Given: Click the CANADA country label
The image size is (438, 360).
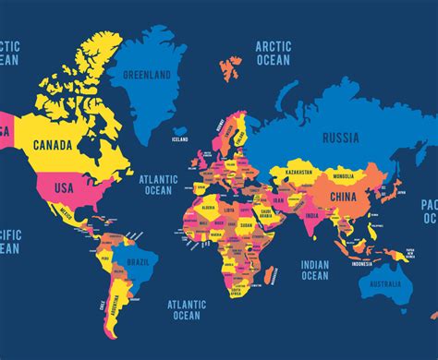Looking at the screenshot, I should click(53, 145).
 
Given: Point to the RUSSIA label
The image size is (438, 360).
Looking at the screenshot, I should click(341, 138).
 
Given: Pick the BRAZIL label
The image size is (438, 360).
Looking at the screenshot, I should click(138, 262).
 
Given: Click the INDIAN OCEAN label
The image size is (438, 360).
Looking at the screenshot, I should click(314, 270).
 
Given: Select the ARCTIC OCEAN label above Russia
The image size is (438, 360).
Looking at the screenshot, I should click(274, 54).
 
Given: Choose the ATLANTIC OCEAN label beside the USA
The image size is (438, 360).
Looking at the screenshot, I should click(156, 185).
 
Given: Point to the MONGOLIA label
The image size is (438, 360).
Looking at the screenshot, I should click(344, 176).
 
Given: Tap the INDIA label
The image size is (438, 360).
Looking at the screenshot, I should click(313, 217).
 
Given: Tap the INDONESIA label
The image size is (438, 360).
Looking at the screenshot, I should click(361, 263).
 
